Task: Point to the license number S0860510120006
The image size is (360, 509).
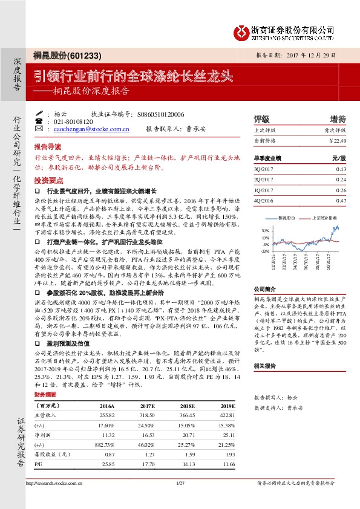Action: (161, 114)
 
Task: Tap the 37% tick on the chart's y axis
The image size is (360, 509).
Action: (265, 230)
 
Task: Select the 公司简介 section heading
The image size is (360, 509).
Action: (264, 290)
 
